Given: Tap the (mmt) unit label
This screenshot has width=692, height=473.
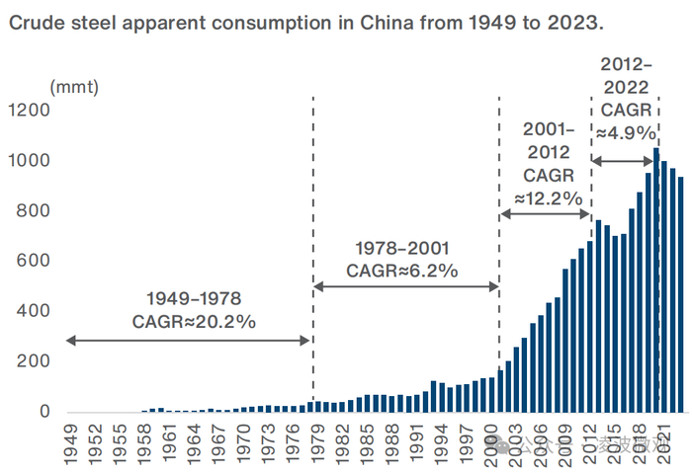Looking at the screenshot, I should point(75,87).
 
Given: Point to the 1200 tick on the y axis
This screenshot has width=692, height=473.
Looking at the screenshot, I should point(31,111).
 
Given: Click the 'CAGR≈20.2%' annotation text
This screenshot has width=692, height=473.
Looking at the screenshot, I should point(194,321).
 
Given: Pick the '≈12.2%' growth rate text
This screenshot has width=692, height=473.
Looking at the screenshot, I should point(547,197).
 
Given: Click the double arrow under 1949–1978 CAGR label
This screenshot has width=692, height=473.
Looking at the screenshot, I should point(188,341).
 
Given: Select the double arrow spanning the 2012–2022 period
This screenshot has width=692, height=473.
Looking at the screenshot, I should point(625,161).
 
